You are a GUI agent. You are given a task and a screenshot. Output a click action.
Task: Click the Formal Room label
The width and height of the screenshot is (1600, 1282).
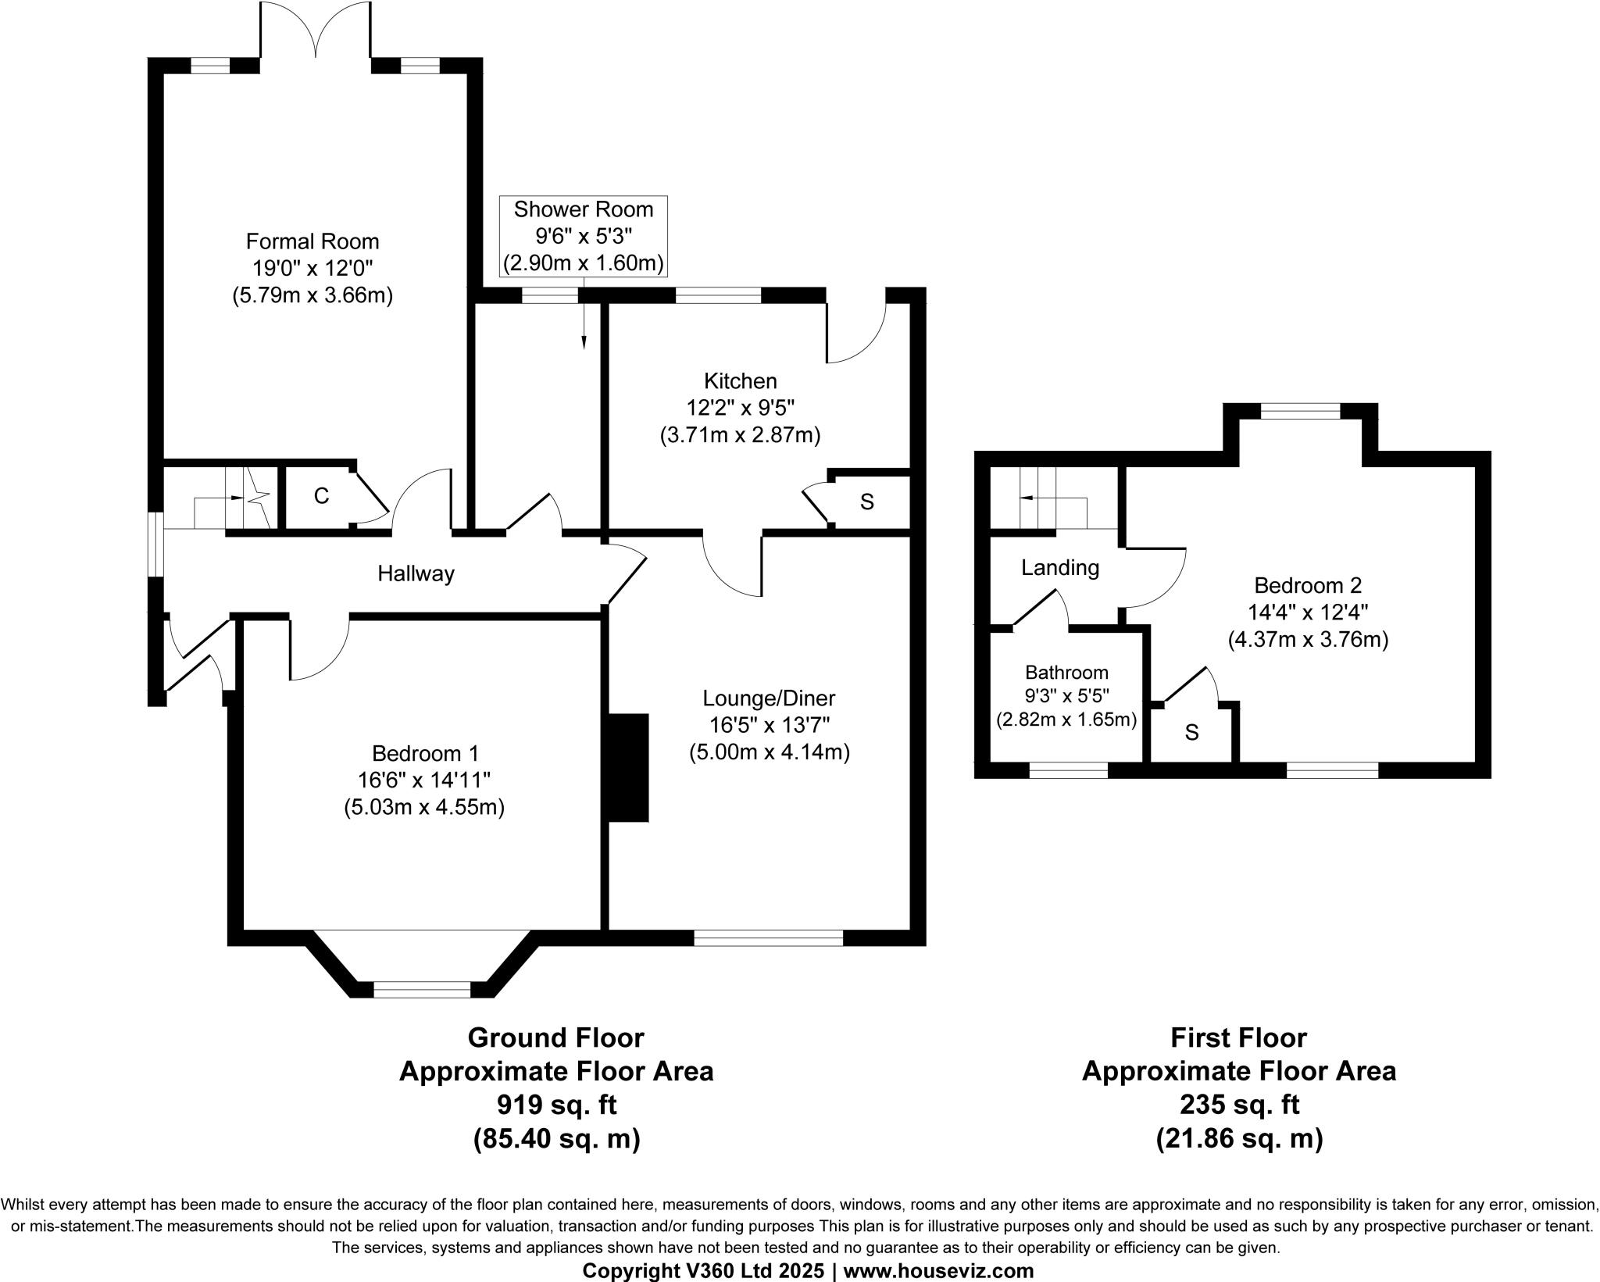point(312,241)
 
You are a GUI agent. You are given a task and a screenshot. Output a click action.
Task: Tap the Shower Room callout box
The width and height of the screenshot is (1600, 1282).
point(583,236)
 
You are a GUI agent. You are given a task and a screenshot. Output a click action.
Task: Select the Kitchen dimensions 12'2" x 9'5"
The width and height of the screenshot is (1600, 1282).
point(740,408)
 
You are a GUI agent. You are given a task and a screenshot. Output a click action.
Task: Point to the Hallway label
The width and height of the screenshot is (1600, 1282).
point(416,574)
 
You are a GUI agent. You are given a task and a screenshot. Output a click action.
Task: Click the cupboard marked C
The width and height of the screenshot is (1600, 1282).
point(320,496)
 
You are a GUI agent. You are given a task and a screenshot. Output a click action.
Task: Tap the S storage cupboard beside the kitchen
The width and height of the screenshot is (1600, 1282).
point(866,502)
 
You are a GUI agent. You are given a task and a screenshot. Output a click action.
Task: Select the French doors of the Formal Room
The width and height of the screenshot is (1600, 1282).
point(316,31)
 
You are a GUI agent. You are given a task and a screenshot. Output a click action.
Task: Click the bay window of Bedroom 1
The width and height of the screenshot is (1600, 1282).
point(422,990)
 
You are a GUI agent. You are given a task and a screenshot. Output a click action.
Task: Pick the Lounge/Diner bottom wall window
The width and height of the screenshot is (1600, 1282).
point(768,937)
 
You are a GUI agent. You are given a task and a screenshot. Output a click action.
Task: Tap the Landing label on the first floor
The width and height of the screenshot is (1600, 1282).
point(1059,568)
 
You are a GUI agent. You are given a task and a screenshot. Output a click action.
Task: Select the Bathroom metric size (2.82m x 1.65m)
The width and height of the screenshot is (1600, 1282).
point(1066,720)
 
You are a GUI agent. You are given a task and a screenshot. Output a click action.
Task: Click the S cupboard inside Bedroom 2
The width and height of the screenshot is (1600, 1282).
point(1191,733)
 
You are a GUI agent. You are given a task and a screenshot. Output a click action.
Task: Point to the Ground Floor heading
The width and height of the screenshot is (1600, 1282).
point(555,1037)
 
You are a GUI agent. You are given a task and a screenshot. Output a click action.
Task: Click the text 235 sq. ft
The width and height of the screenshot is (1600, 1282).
point(1238,1105)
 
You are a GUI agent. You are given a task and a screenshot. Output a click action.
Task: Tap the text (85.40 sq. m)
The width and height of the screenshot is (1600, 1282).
point(555,1139)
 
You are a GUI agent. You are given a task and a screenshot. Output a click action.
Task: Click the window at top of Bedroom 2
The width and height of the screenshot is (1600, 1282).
point(1300,411)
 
